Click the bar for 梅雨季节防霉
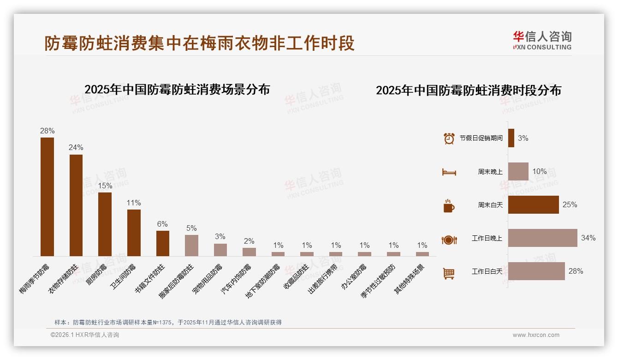pos(47,197)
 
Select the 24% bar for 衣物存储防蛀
pos(76,205)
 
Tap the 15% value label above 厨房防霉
pos(105,186)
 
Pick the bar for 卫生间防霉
pos(134,233)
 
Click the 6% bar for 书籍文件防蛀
pos(163,243)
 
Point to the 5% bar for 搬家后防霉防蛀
pos(191,245)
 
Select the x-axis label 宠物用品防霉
pos(207,280)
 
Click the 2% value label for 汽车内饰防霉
pos(249,241)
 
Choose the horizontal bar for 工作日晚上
pos(542,238)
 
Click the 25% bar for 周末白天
pos(533,205)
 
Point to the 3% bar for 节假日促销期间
pos(511,138)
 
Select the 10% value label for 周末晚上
pos(540,172)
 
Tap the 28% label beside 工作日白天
pos(576,271)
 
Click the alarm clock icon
pos(449,138)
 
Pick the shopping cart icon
pos(449,274)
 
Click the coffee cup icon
pos(449,206)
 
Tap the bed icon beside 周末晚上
pos(449,172)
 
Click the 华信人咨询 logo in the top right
pos(542,41)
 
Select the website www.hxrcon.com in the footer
pos(536,335)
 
